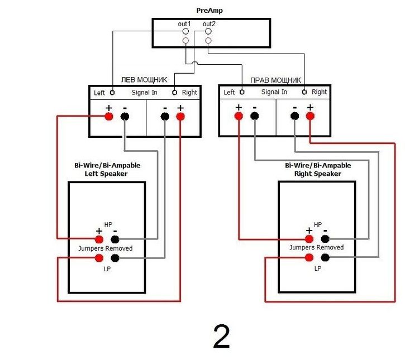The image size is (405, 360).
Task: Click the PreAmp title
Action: coord(209,11)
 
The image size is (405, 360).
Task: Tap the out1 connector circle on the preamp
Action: coord(185,31)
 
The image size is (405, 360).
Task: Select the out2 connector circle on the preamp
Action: coord(208,31)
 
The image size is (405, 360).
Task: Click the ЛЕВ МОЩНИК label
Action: coord(144,80)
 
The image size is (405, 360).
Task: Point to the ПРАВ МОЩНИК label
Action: coord(275,80)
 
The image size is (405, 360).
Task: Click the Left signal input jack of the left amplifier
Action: coord(112,93)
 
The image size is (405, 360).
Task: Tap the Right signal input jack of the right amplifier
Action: coord(304,92)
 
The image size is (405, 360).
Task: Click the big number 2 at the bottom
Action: coord(221,337)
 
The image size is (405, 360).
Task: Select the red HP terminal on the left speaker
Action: coord(99,239)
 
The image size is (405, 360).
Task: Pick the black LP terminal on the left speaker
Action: coord(115,258)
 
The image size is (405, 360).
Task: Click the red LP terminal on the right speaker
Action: coord(309,257)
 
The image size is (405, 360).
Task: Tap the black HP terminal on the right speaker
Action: coord(325,239)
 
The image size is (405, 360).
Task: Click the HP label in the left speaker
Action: coord(108,224)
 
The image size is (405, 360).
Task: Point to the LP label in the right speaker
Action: coord(318,268)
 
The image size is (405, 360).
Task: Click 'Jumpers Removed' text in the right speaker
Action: coord(316,247)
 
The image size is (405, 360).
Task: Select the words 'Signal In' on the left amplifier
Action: coord(144,93)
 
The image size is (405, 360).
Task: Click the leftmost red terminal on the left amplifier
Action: coord(109,117)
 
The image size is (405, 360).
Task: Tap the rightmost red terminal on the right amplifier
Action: coord(310,116)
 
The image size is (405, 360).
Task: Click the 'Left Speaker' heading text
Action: coord(106,174)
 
